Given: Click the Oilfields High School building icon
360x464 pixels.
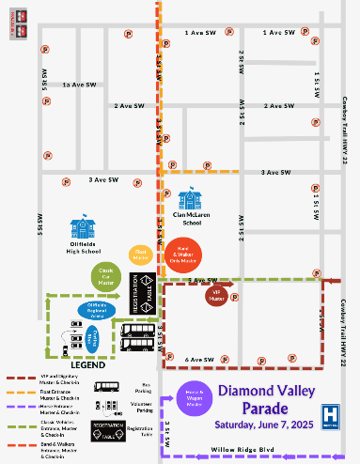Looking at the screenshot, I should (x=86, y=227).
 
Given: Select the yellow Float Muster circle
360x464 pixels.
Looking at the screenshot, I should (x=140, y=254).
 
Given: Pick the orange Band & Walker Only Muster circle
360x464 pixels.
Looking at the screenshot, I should (x=184, y=255).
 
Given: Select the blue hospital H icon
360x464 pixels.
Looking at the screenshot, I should (x=330, y=413).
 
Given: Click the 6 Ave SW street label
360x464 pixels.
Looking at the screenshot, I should (x=201, y=359).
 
